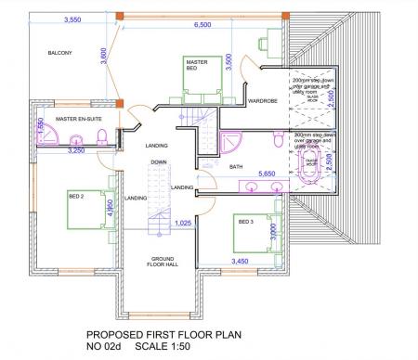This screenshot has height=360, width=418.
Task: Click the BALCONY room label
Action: pos(60,54)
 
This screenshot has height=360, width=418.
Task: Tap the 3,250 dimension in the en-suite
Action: pos(77,149)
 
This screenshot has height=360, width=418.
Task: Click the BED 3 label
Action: pos(246,222)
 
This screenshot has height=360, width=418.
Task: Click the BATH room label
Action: pos(236,166)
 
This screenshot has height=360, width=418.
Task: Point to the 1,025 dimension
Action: pos(183,224)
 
